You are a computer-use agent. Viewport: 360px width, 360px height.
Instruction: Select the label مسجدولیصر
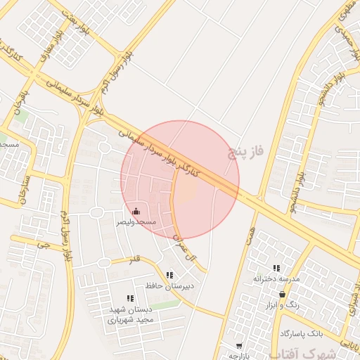click(136, 221)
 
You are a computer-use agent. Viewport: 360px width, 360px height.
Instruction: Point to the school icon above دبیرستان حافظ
click(169, 275)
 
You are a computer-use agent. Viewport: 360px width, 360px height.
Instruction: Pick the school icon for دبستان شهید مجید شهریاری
click(129, 299)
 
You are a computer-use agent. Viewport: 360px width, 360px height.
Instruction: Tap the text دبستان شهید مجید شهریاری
click(130, 314)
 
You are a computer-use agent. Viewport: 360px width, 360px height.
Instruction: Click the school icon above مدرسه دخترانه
click(276, 268)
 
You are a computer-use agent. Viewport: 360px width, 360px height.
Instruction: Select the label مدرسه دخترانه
click(276, 278)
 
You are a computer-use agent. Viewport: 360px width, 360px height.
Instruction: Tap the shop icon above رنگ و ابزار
click(282, 295)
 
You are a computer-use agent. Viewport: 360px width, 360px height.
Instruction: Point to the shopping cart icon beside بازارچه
click(239, 345)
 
